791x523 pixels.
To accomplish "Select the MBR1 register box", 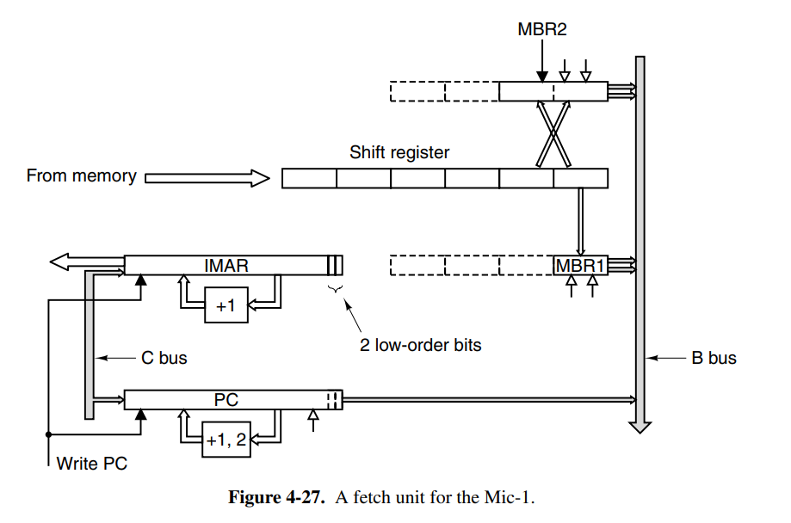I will click(x=580, y=265).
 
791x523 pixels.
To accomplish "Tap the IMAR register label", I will click(x=226, y=265).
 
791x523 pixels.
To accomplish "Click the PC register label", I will click(x=226, y=400).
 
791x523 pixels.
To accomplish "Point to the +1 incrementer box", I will click(x=226, y=305).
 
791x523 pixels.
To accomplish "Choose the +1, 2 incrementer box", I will click(x=226, y=441).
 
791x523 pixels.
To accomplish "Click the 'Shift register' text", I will click(x=399, y=153).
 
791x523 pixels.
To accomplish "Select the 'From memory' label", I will click(x=81, y=176).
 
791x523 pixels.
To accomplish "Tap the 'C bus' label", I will click(x=164, y=357).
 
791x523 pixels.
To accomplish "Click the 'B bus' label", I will click(x=714, y=357).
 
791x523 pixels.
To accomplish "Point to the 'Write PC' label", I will click(x=91, y=464).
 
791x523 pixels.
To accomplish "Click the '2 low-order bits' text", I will click(x=420, y=345).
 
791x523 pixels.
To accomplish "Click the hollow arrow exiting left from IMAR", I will click(x=69, y=261).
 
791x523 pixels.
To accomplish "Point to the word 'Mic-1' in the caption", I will click(x=511, y=498).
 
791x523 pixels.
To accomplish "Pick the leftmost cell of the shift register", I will click(x=309, y=178).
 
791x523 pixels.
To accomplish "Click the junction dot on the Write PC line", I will click(x=48, y=434).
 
